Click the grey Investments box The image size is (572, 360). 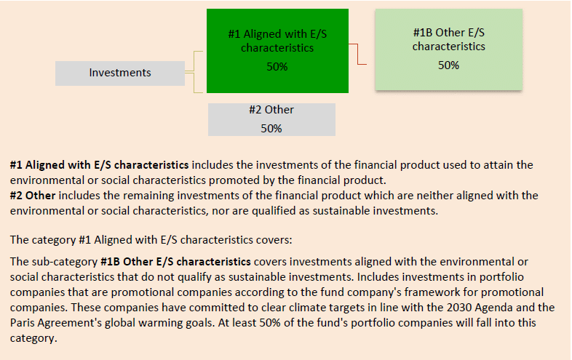(120, 73)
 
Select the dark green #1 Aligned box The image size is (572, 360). (277, 51)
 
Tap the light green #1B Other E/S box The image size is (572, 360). (449, 49)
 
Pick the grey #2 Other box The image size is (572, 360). (271, 119)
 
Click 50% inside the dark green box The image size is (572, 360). (277, 67)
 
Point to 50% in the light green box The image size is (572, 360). (448, 65)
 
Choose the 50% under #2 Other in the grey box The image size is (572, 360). (271, 129)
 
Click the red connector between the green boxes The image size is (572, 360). (357, 54)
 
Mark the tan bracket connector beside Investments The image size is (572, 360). (194, 72)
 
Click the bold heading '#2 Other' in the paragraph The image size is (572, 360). (33, 196)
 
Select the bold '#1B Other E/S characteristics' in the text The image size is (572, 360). (176, 262)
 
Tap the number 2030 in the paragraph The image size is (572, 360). (460, 308)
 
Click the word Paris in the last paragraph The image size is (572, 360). (21, 323)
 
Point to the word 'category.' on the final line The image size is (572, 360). (33, 338)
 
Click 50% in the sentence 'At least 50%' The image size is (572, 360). (270, 323)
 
